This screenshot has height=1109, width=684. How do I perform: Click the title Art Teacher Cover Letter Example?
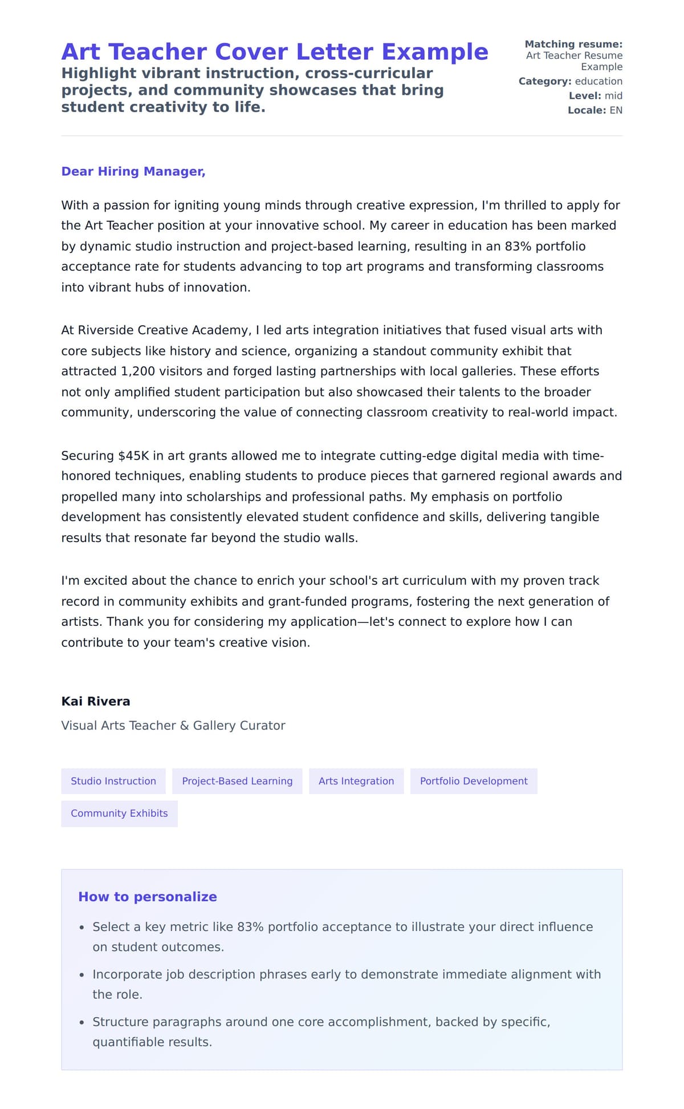(274, 52)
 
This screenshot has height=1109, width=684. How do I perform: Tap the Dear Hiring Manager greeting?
(133, 172)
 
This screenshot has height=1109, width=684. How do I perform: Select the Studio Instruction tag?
(113, 781)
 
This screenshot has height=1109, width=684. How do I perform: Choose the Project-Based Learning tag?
(237, 781)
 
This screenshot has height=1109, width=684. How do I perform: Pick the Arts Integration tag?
(356, 781)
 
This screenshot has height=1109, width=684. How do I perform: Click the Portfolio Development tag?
(473, 781)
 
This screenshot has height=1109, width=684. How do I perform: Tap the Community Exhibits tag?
(119, 813)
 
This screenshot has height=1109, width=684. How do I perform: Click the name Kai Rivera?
(96, 702)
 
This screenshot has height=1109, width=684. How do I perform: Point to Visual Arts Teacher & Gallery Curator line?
(173, 726)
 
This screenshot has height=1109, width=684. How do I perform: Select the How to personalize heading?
(147, 897)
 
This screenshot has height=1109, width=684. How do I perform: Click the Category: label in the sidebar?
(544, 82)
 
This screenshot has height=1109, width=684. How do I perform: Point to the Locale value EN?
(616, 111)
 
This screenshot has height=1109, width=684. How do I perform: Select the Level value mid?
(613, 96)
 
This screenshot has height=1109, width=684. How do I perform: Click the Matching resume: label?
(573, 44)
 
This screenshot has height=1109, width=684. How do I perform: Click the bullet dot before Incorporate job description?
(82, 976)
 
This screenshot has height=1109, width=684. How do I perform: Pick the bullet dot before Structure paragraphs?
(82, 1023)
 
